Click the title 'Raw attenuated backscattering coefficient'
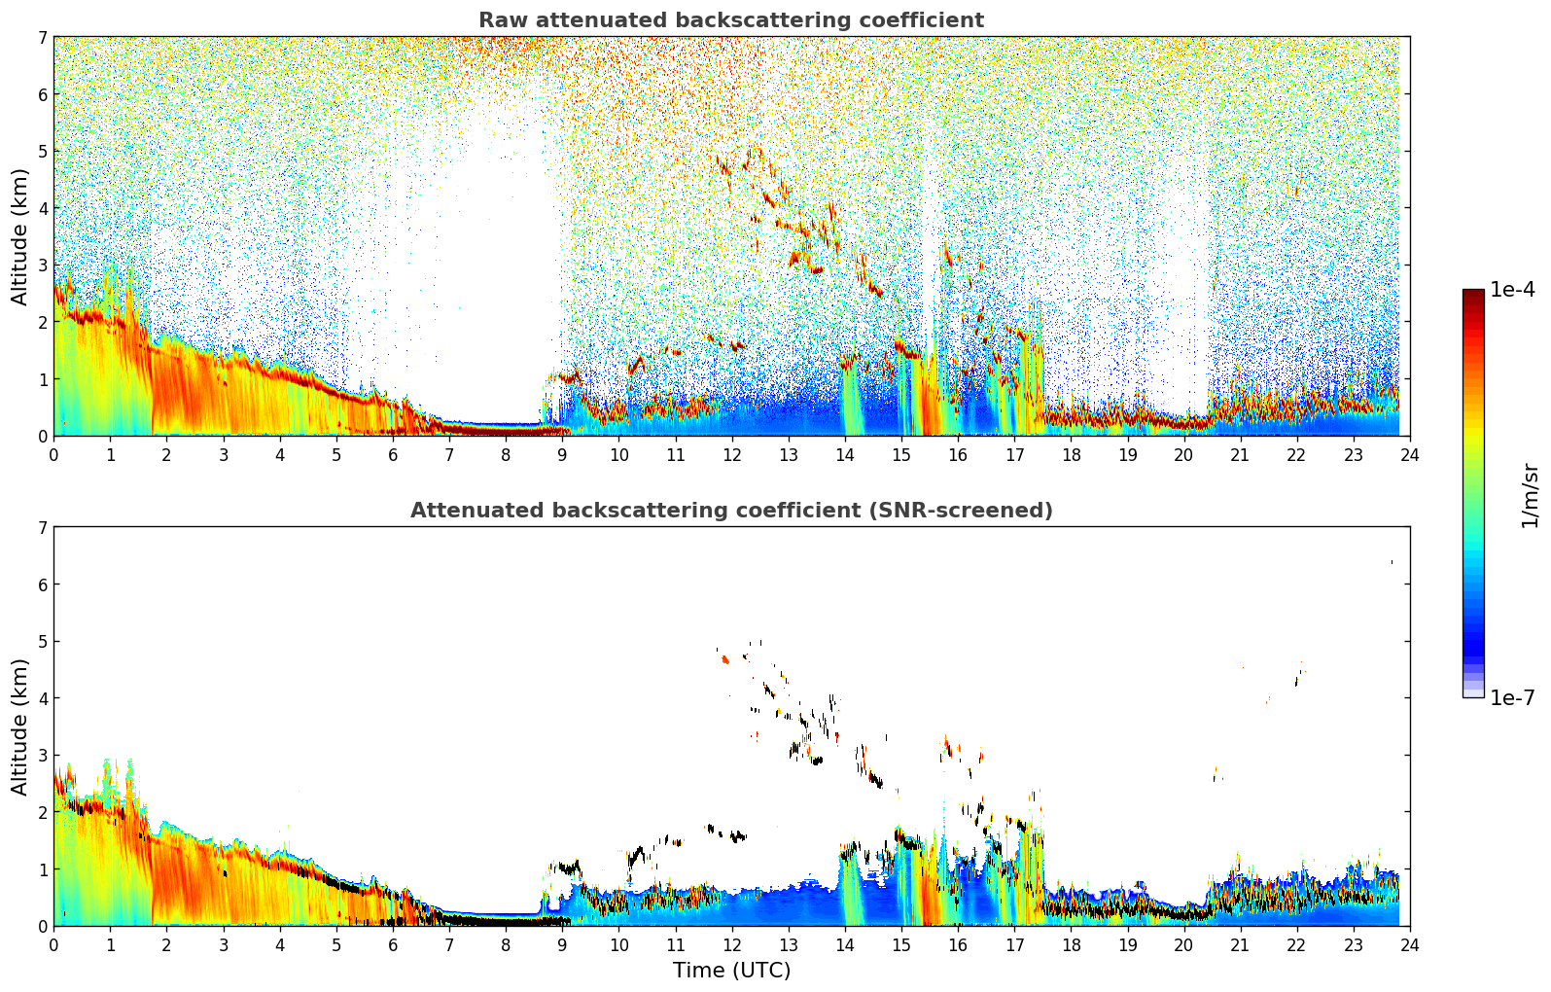click(x=730, y=20)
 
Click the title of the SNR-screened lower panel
click(x=730, y=511)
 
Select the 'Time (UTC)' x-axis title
click(x=731, y=971)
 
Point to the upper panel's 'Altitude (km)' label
click(x=20, y=236)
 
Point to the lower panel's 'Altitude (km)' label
click(x=20, y=726)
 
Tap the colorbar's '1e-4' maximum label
click(x=1512, y=290)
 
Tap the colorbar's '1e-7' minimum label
click(x=1512, y=698)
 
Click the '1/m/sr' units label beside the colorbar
click(x=1530, y=496)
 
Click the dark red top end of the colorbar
click(x=1473, y=294)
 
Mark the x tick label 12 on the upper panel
click(x=731, y=454)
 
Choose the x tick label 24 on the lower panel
click(x=1409, y=944)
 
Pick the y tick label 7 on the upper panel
click(x=42, y=38)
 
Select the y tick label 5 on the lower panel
click(x=42, y=642)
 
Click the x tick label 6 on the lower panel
click(x=393, y=944)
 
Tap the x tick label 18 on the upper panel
click(x=1071, y=454)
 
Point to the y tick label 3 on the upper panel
click(x=42, y=266)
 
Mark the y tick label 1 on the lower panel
click(x=42, y=869)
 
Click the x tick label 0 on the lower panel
click(x=53, y=944)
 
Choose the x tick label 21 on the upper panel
click(x=1240, y=454)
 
